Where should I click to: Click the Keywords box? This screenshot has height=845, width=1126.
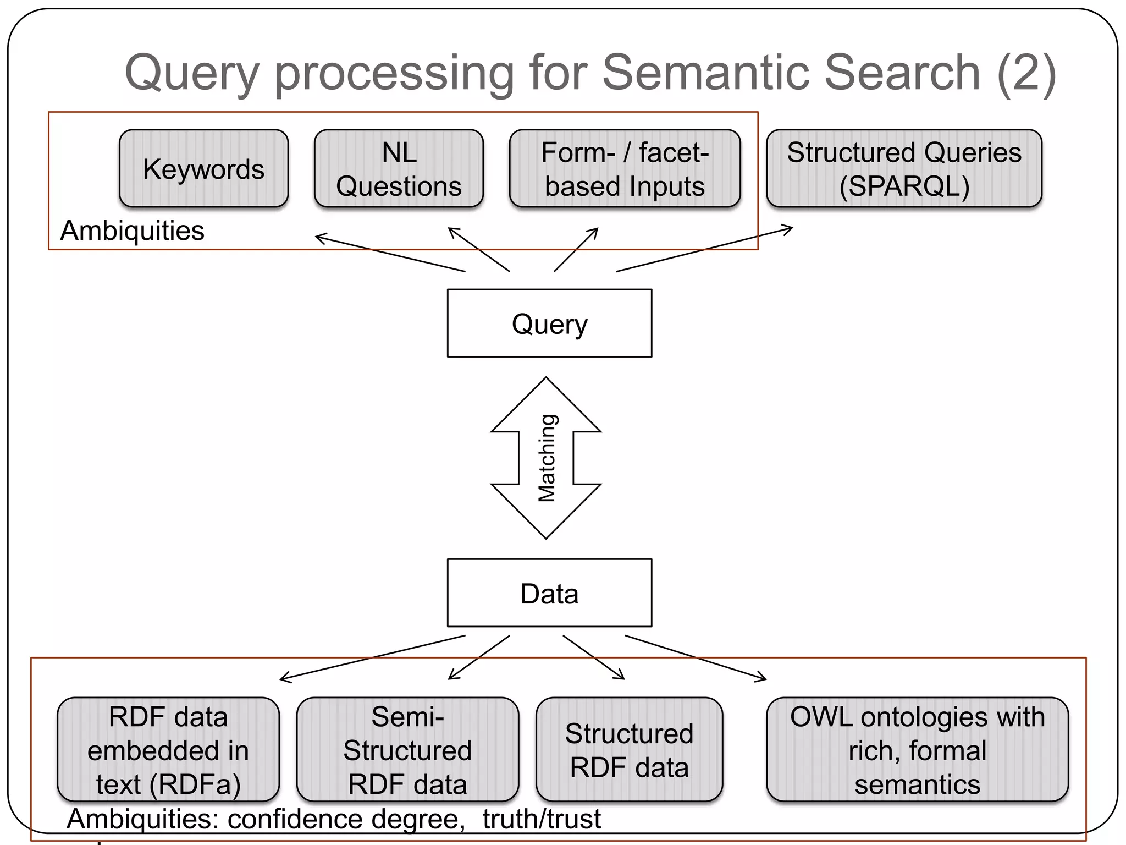[x=203, y=169]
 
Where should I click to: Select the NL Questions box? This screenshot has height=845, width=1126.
[x=399, y=169]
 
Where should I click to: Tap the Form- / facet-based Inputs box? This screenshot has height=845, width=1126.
[x=625, y=169]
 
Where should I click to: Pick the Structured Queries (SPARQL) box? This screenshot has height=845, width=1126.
[x=904, y=169]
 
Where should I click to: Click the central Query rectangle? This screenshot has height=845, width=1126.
[x=549, y=323]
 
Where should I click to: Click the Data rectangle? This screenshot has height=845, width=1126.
[x=549, y=593]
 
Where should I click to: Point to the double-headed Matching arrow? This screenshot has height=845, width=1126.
[x=546, y=458]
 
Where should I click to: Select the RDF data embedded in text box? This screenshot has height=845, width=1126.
[x=168, y=750]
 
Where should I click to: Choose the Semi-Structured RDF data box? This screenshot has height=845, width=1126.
[x=407, y=750]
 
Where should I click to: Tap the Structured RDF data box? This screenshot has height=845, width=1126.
[x=629, y=750]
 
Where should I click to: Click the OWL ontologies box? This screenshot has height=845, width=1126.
[x=917, y=750]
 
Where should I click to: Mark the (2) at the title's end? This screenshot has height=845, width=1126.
[x=1026, y=73]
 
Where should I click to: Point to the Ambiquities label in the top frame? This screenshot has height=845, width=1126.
[x=132, y=231]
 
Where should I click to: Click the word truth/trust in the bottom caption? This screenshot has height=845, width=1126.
[x=542, y=819]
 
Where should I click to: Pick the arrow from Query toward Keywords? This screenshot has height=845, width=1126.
[x=390, y=254]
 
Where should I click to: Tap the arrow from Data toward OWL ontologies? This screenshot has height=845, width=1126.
[x=696, y=658]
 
